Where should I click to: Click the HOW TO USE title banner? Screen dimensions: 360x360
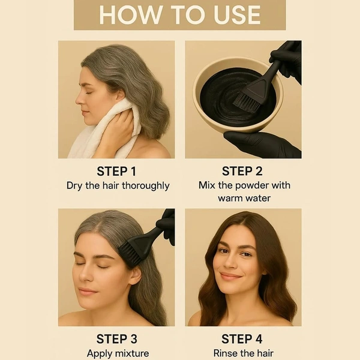pos(179,15)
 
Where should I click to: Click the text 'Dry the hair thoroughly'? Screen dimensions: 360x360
pos(118,185)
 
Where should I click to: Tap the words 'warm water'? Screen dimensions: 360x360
pos(244,197)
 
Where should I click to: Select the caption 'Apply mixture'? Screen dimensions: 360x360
pos(118,353)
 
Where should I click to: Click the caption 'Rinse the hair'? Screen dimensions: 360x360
pos(244,353)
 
